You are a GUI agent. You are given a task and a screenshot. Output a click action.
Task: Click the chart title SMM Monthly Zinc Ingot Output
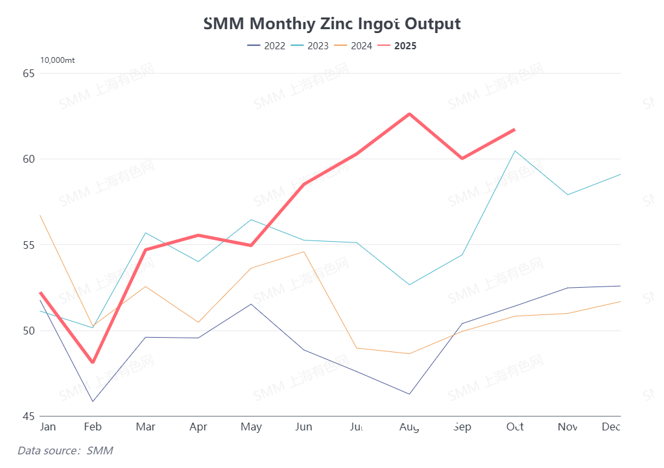pyautogui.click(x=332, y=24)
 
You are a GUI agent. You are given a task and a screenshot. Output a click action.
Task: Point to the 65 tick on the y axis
pyautogui.click(x=29, y=73)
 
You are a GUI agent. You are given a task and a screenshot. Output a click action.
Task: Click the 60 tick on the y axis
pyautogui.click(x=29, y=159)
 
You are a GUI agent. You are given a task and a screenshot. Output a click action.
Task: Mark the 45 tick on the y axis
pyautogui.click(x=29, y=416)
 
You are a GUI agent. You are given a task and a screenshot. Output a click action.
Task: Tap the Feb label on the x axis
pyautogui.click(x=93, y=427)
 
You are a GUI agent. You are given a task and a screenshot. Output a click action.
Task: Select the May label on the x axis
pyautogui.click(x=251, y=427)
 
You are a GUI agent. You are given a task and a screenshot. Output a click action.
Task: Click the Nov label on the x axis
pyautogui.click(x=567, y=427)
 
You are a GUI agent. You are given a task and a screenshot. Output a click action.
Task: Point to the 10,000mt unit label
pyautogui.click(x=58, y=60)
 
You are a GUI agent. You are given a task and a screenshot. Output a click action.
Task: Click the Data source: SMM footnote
pyautogui.click(x=65, y=450)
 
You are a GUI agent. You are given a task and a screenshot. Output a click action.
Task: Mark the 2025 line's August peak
pyautogui.click(x=409, y=114)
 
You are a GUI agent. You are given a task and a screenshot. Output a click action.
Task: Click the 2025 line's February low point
pyautogui.click(x=93, y=362)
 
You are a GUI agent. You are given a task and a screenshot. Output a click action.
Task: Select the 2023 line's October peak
pyautogui.click(x=515, y=151)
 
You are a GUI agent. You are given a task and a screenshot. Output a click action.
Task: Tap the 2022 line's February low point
pyautogui.click(x=93, y=401)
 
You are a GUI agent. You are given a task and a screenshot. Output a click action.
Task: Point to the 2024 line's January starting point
pyautogui.click(x=40, y=215)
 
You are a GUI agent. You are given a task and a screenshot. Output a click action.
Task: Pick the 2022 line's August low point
pyautogui.click(x=409, y=394)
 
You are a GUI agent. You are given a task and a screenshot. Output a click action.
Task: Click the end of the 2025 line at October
pyautogui.click(x=514, y=130)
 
